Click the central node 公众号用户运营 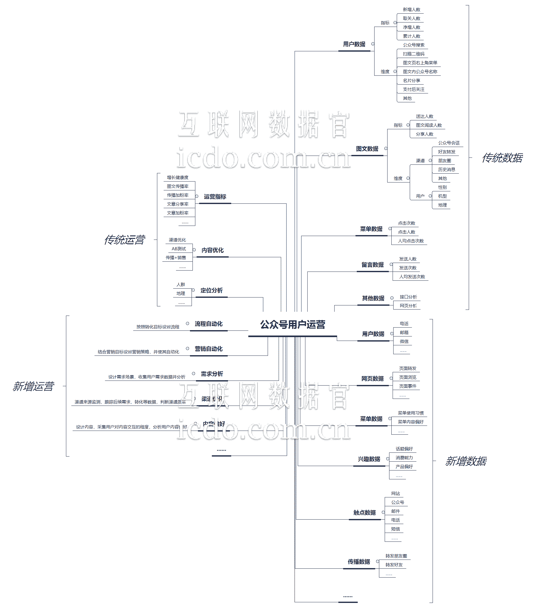pos(292,325)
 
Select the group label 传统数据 pos(502,158)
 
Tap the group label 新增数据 pos(466,461)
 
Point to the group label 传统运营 pos(124,240)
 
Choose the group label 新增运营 pos(33,387)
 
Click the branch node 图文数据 pos(367,149)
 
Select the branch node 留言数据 pos(373,265)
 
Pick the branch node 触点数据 pos(364,513)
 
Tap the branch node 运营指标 pos(215,197)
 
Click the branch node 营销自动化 pos(209,349)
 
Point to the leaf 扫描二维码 pos(414,54)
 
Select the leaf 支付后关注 pos(414,89)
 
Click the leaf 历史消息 pos(447,170)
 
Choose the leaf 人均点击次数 pos(411,241)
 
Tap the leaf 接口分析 pos(408,297)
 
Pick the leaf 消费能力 pos(404,458)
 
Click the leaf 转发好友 pos(394,565)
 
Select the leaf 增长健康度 pos(178,177)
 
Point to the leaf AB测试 pos(179,249)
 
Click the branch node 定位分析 pos(212,291)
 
